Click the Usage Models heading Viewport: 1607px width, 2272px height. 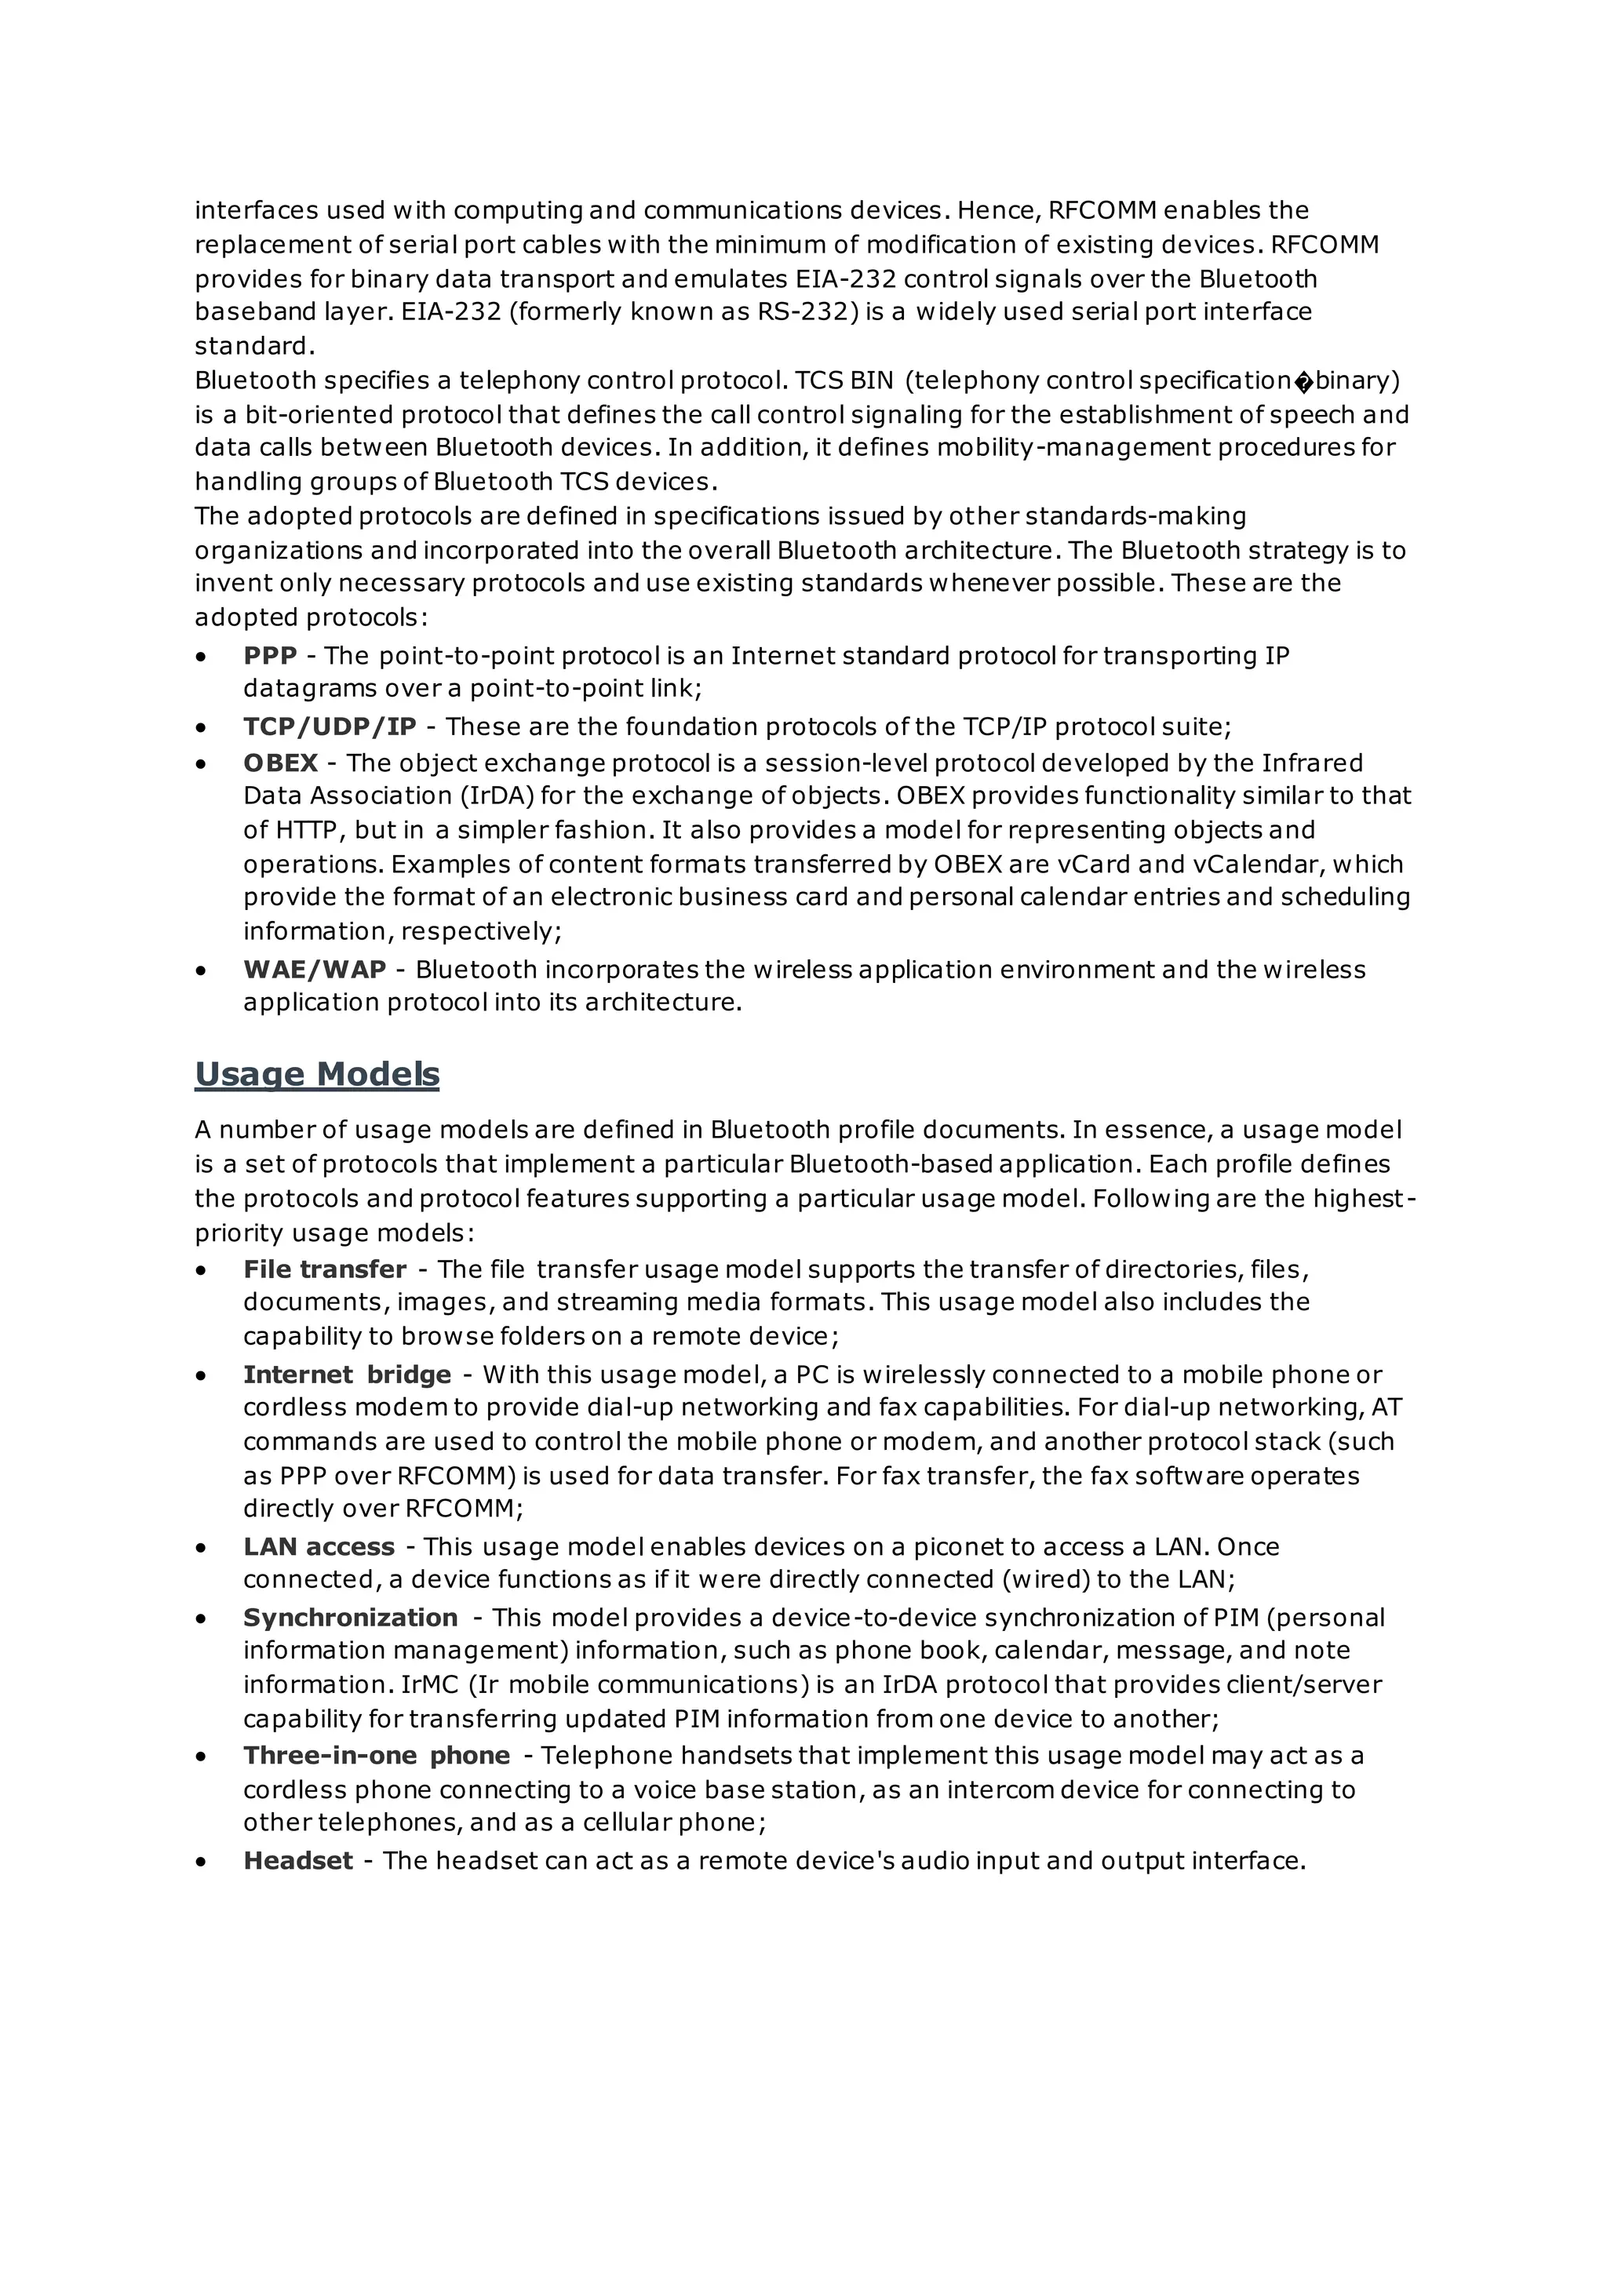[317, 1074]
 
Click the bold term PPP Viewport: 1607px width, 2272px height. [270, 656]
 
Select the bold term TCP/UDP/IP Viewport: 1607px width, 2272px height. [330, 726]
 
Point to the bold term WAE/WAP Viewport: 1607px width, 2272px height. [315, 969]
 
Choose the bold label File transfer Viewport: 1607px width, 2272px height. [325, 1269]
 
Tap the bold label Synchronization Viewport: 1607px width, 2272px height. [350, 1618]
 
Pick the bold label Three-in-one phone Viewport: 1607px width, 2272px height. [376, 1756]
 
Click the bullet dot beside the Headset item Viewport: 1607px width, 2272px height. [202, 1862]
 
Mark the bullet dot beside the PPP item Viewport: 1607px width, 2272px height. [202, 657]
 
